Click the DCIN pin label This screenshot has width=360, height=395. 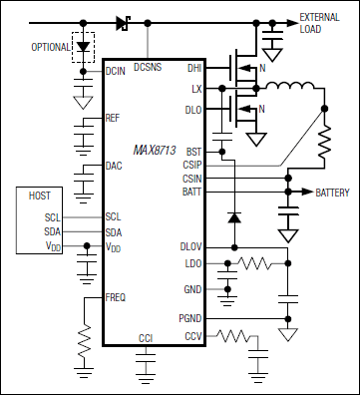pyautogui.click(x=115, y=71)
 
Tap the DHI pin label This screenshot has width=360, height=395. pyautogui.click(x=194, y=69)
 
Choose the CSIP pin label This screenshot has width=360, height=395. pyautogui.click(x=192, y=165)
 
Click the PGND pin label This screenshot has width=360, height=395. pyautogui.click(x=191, y=318)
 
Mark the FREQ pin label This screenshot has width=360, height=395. pyautogui.click(x=116, y=297)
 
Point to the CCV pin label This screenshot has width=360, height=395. pyautogui.click(x=193, y=338)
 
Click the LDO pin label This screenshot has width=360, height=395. pyautogui.click(x=192, y=264)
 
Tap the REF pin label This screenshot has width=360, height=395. pyautogui.click(x=113, y=119)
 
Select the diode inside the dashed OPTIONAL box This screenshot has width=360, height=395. pyautogui.click(x=82, y=47)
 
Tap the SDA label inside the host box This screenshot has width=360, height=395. pyautogui.click(x=53, y=230)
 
